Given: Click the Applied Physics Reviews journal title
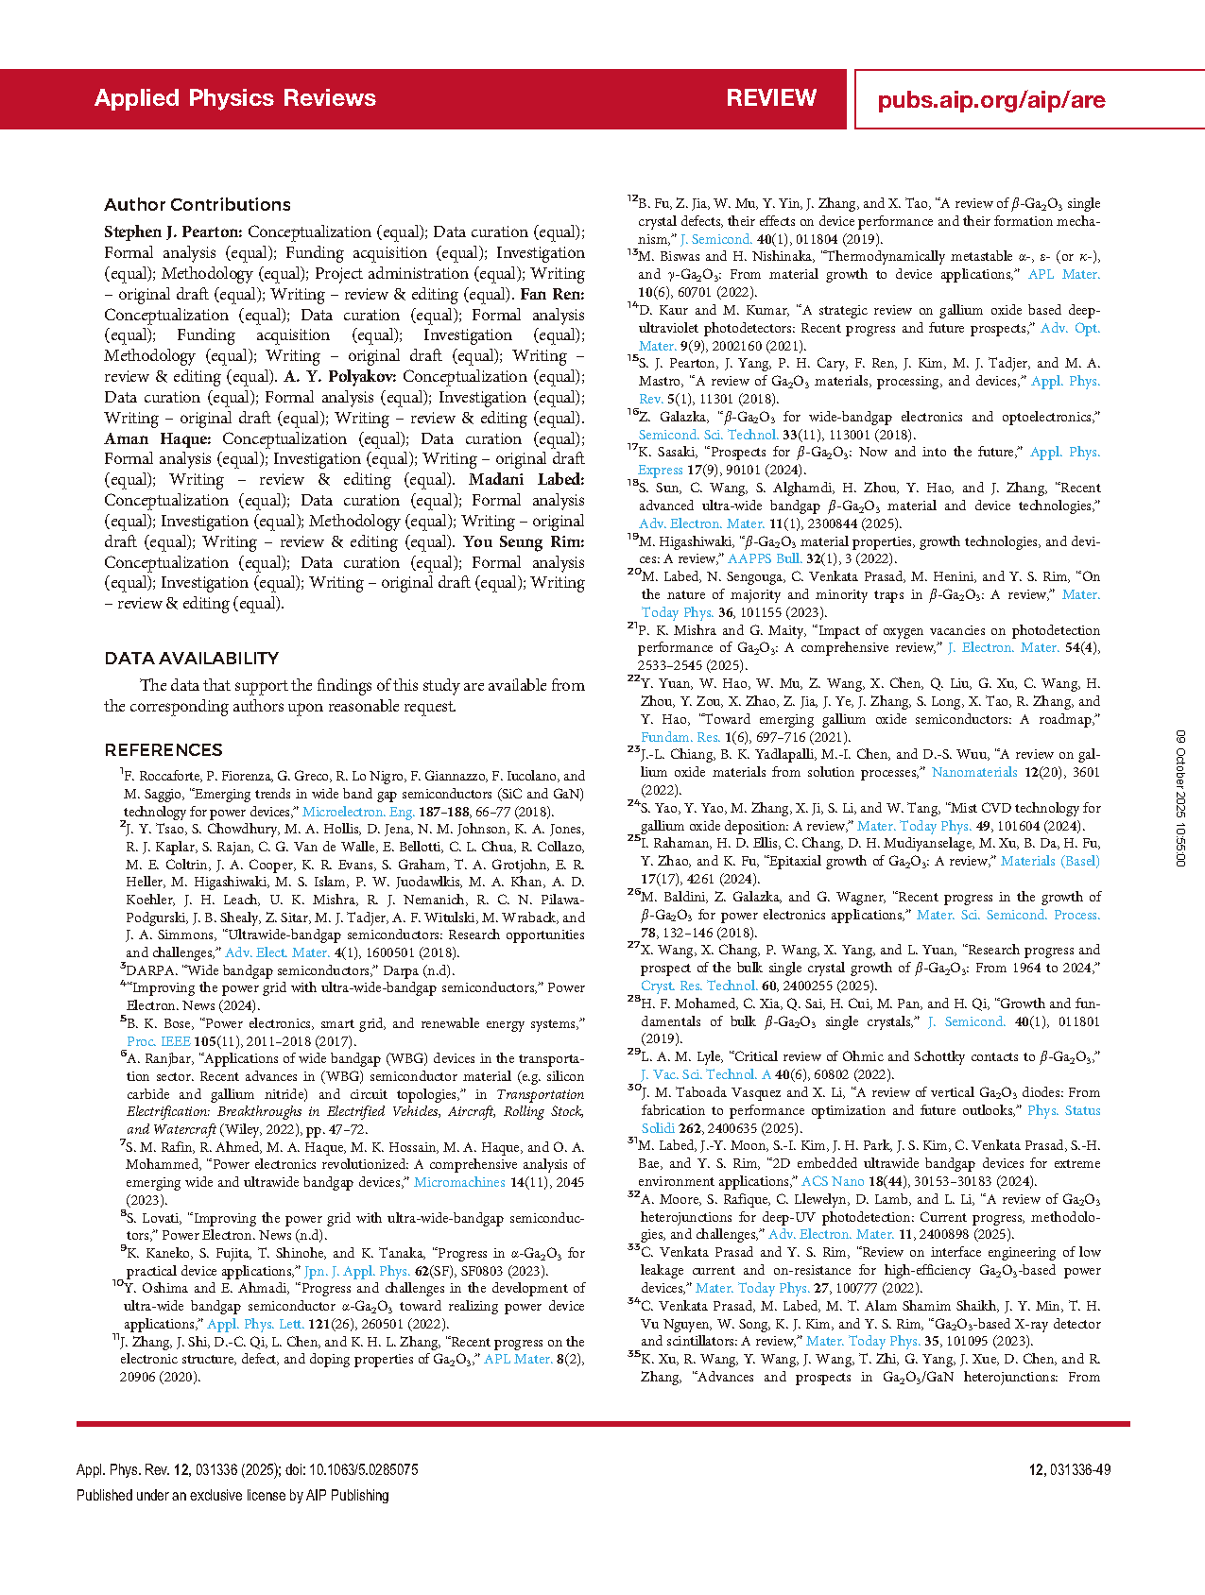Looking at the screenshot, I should (234, 98).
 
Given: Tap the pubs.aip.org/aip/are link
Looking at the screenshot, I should (990, 100).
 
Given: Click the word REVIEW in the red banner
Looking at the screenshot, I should (771, 98).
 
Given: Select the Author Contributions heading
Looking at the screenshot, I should (198, 205).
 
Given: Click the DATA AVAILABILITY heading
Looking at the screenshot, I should (192, 659).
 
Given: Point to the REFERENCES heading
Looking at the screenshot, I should (164, 750).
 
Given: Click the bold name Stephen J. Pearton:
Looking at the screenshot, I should (174, 232).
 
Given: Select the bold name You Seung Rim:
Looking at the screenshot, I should (524, 542).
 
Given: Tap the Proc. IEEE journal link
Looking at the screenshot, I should (158, 1041).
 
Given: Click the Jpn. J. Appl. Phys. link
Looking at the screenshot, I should (357, 1271).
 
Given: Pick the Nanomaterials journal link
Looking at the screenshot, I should (974, 773).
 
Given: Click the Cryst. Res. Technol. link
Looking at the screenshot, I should (698, 985).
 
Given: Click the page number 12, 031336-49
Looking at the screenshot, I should (1069, 1470).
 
